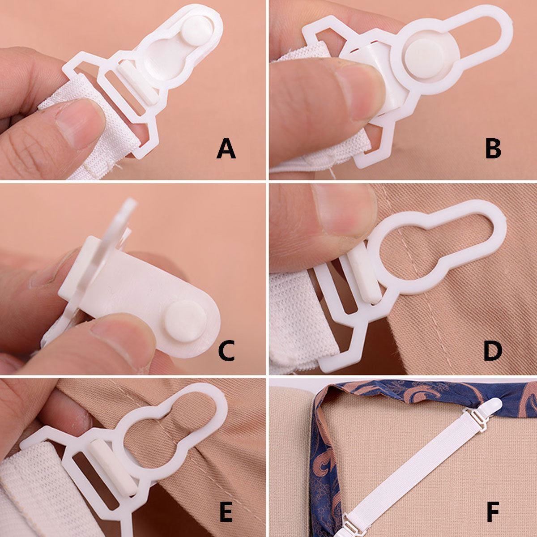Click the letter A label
click(226, 149)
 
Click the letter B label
click(493, 149)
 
